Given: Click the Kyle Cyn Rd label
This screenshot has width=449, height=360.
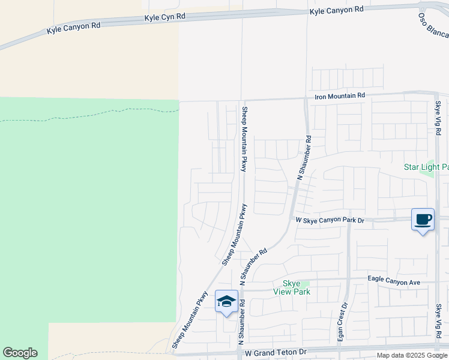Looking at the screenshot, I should pos(164,18).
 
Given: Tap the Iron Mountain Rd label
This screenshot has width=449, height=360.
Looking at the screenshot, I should pos(340,96).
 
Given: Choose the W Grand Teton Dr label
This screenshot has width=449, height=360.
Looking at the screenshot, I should pos(276,352).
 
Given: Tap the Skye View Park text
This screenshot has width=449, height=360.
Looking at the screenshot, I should pos(292,287).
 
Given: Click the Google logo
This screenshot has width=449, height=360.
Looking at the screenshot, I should pos(20,353).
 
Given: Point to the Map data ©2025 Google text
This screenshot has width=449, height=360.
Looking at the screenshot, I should pos(412,355).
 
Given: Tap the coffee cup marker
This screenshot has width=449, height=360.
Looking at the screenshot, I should pos(423,220).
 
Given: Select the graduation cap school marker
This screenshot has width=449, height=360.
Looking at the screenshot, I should pos(226,301).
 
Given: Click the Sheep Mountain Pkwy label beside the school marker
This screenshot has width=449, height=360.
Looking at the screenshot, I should pos(190,320).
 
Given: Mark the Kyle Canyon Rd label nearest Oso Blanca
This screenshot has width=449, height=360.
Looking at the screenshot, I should pos(336,10).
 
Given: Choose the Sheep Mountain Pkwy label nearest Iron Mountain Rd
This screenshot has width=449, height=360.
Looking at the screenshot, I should pos(244,139).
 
